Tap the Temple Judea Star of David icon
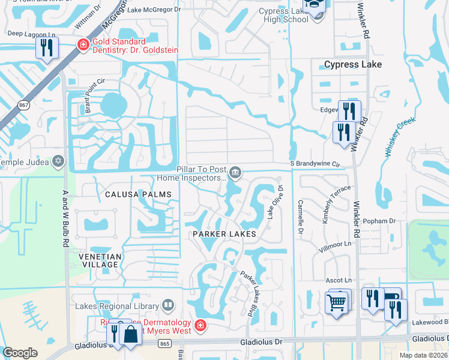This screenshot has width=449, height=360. pyautogui.click(x=58, y=161)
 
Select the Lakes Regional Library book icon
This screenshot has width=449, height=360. pyautogui.click(x=169, y=306)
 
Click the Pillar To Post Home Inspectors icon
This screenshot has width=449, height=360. pyautogui.click(x=236, y=173)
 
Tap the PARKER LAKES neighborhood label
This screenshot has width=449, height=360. pyautogui.click(x=224, y=233)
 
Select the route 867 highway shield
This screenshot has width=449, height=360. pyautogui.click(x=24, y=106)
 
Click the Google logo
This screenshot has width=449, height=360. pyautogui.click(x=20, y=353)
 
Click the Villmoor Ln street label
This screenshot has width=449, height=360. pyautogui.click(x=336, y=245)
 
